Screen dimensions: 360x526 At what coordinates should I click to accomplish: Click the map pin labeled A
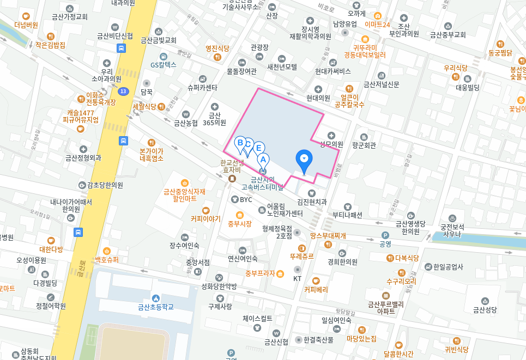(x=263, y=160)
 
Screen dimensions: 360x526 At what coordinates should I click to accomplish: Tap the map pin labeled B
(x=239, y=143)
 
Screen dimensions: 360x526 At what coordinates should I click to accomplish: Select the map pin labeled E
(x=259, y=148)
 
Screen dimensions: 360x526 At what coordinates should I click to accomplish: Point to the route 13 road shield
(x=124, y=91)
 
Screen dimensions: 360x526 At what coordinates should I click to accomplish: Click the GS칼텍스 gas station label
(x=164, y=64)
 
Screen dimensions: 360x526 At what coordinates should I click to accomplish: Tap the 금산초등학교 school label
(x=155, y=307)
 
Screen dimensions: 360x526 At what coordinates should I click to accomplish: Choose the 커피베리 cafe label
(x=316, y=289)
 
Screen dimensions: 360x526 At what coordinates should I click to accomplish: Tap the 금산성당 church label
(x=485, y=309)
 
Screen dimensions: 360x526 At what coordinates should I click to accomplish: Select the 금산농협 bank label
(x=186, y=123)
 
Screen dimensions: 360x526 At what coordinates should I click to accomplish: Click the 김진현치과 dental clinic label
(x=311, y=201)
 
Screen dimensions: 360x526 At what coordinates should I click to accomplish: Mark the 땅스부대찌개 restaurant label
(x=328, y=236)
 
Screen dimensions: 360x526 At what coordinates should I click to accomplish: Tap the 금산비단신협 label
(x=115, y=36)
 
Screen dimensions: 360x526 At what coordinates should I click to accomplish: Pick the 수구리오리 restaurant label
(x=401, y=281)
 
